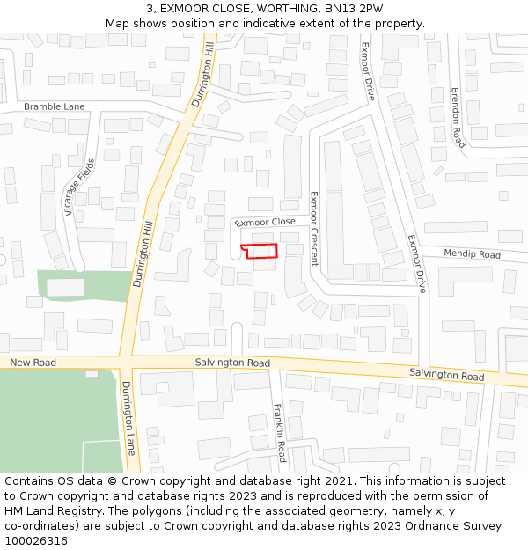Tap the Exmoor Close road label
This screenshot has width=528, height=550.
coord(266,223)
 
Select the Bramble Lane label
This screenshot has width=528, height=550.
coord(55,106)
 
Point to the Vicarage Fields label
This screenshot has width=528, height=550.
coord(78,187)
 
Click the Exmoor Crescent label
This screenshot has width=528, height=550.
coord(313,228)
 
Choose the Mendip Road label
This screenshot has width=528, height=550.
coord(472,254)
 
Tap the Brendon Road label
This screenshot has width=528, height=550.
coord(457,116)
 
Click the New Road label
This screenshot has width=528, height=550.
coord(33,363)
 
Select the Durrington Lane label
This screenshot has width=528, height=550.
coord(128,418)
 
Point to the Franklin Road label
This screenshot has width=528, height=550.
coord(279,433)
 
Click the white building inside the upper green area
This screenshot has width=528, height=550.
coord(65,287)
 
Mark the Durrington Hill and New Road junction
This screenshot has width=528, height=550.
coord(126,362)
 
